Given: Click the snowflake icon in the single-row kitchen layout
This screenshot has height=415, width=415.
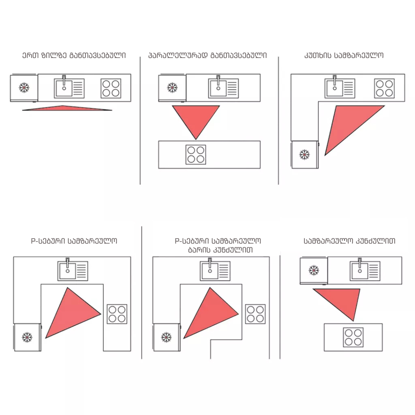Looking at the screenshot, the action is pos(24,88).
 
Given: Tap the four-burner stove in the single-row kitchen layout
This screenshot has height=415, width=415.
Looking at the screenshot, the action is pos(111,88).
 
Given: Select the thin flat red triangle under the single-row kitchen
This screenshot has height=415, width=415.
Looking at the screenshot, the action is pos(67,108).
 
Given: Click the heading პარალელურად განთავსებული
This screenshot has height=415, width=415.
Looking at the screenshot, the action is pos(207,55).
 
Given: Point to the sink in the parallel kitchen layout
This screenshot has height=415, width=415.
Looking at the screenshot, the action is pos(223,88).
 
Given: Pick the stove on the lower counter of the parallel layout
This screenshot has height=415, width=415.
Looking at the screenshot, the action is pos(196,154).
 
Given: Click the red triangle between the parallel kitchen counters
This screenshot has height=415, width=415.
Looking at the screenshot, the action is pos(196,119).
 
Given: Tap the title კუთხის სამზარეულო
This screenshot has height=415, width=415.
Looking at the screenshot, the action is pos(344,55).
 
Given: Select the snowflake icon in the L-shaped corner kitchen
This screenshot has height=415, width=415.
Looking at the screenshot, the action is pos(304,154).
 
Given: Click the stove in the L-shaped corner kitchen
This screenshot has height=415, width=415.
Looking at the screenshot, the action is pos(384,88).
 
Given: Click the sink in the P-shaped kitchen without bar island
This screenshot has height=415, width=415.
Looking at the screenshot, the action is pos(73,270).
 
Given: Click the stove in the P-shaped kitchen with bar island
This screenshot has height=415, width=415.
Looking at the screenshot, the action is pos(255,314).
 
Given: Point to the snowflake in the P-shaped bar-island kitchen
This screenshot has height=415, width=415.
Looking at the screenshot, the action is pos(166,337).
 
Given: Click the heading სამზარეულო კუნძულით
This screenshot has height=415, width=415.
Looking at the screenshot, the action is pos(349,241).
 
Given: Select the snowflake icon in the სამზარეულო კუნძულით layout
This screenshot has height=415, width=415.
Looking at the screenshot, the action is pos(314,270).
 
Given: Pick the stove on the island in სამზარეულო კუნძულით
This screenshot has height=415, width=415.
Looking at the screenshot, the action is pos(353,338).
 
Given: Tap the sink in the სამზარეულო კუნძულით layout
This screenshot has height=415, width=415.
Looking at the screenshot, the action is pos(365,270).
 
